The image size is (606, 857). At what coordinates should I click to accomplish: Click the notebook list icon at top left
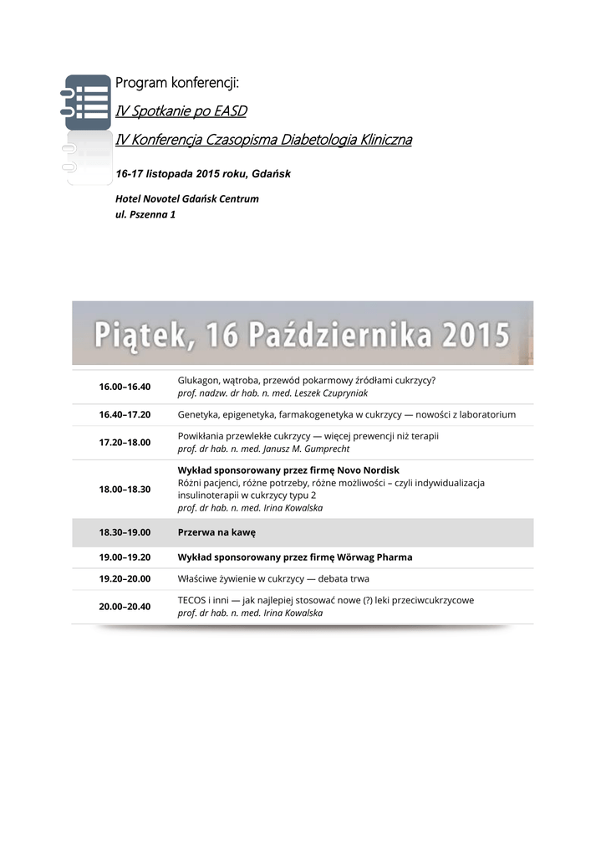88,102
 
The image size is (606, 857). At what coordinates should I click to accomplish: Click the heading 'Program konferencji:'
177,83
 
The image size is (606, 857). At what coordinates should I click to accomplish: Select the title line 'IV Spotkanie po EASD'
181,110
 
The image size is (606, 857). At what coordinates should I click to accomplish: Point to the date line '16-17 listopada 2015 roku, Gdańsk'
202,174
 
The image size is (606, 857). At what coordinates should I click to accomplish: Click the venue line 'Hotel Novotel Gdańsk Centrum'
186,199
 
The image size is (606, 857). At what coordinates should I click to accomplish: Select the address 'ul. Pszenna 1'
145,214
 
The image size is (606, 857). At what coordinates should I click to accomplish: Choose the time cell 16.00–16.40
125,387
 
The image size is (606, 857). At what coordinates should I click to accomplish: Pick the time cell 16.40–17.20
125,414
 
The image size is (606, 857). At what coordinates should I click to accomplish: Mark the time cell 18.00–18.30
125,489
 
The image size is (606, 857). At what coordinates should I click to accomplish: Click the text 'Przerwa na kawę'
216,532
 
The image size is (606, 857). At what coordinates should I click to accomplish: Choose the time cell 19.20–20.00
125,579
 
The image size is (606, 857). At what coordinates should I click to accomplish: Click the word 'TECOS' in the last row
192,600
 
